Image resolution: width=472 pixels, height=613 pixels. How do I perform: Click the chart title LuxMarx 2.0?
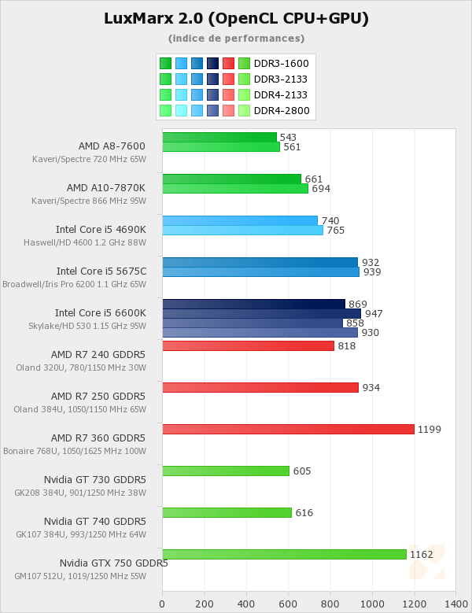click(x=236, y=18)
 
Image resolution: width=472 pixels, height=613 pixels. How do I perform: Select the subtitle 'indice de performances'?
click(x=236, y=38)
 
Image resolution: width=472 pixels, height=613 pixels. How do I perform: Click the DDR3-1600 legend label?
click(x=281, y=63)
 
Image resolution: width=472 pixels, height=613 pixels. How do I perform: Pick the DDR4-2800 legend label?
click(x=281, y=110)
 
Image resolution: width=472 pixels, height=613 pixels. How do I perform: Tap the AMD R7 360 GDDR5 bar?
click(x=288, y=429)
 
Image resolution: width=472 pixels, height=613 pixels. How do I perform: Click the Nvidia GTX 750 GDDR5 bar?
click(x=284, y=554)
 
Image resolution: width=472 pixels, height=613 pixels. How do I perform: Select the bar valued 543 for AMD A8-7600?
click(x=219, y=137)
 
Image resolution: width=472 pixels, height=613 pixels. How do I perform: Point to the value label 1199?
click(x=430, y=429)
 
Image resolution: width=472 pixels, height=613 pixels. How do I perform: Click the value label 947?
click(x=374, y=313)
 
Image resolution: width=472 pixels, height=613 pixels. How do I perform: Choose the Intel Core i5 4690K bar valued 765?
click(x=242, y=230)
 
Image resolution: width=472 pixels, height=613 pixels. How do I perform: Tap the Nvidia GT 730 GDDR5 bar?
click(x=226, y=471)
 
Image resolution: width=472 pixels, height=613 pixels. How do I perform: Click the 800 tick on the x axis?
click(x=330, y=604)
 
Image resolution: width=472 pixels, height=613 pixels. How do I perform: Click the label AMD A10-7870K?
click(x=105, y=187)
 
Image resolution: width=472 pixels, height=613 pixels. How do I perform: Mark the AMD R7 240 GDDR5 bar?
click(x=248, y=345)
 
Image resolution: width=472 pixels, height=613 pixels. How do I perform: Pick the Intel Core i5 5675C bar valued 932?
click(x=260, y=262)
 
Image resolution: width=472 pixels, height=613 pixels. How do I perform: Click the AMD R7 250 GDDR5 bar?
click(x=260, y=387)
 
